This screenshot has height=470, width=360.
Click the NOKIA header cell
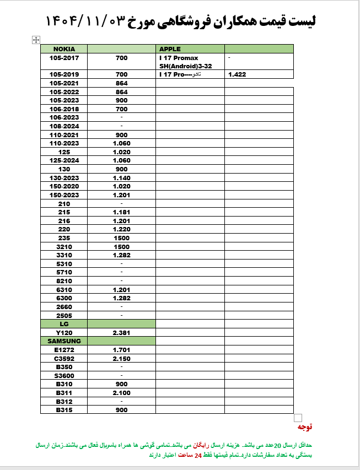pyautogui.click(x=64, y=49)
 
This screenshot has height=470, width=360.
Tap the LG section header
pyautogui.click(x=64, y=325)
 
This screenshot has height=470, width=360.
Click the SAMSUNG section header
pyautogui.click(x=64, y=341)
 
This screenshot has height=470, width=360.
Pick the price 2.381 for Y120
pyautogui.click(x=121, y=333)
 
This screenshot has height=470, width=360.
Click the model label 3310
pyautogui.click(x=64, y=256)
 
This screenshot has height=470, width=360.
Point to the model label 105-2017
pyautogui.click(x=64, y=58)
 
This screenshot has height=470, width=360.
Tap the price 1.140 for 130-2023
pyautogui.click(x=121, y=178)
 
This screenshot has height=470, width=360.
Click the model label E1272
pyautogui.click(x=64, y=350)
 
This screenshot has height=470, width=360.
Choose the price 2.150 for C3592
pyautogui.click(x=121, y=359)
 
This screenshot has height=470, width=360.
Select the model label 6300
pyautogui.click(x=64, y=298)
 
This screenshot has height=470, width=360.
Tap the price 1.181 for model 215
pyautogui.click(x=121, y=212)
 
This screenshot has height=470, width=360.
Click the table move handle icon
pyautogui.click(x=36, y=40)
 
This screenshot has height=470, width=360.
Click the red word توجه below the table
pyautogui.click(x=305, y=427)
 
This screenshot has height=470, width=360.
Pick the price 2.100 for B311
pyautogui.click(x=121, y=393)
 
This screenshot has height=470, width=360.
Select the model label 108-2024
pyautogui.click(x=64, y=126)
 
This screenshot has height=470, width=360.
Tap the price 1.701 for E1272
pyautogui.click(x=121, y=350)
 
